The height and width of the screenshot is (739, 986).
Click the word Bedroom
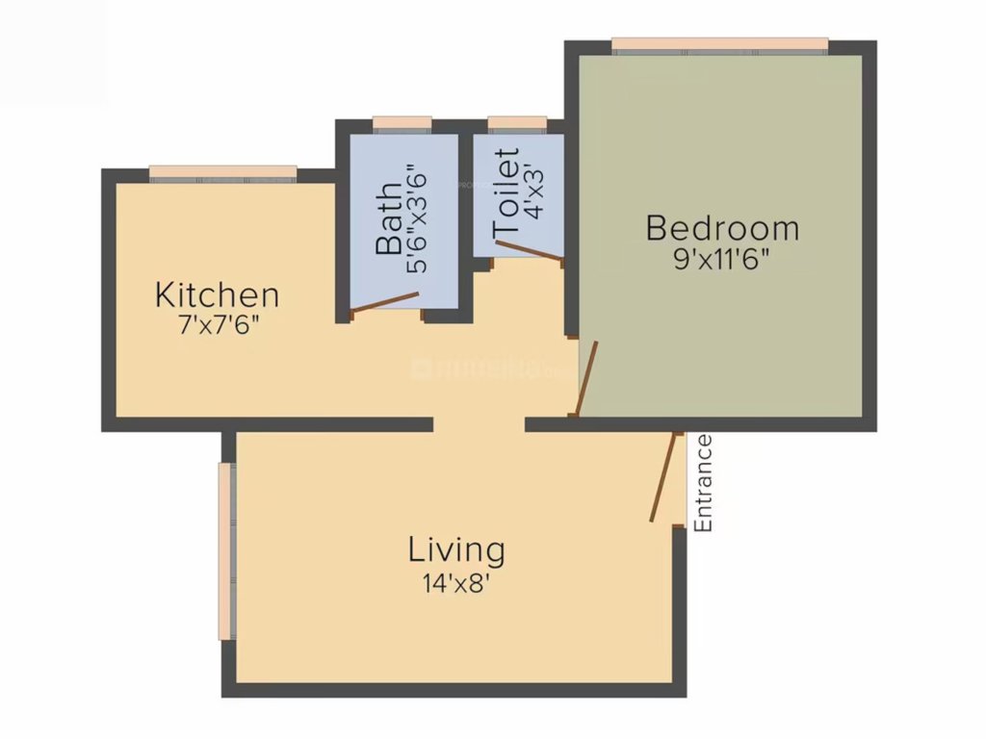pos(722,229)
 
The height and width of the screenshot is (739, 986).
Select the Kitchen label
pos(218,294)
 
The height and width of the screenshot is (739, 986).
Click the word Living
pos(456,551)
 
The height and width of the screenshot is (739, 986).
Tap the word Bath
pos(390,218)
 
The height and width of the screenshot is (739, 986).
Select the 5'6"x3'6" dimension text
pos(418,218)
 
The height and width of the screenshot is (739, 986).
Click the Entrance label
pos(704,483)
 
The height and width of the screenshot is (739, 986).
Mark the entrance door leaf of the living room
pos(662,478)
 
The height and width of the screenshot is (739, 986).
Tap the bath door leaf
pos(385,302)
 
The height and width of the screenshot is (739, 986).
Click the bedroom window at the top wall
pos(719,44)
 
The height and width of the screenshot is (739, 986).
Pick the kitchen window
pos(223,172)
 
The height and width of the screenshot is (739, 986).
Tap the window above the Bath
pos(402,123)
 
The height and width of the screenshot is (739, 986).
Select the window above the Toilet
pos(517,123)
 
